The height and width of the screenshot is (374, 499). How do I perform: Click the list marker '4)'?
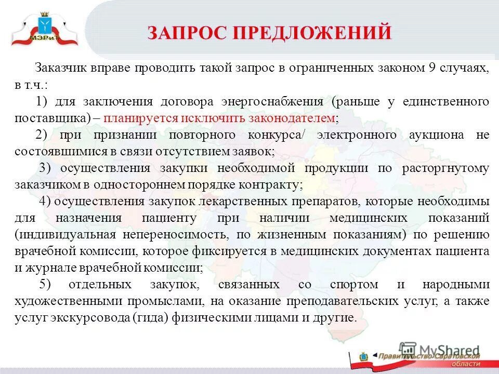pyautogui.click(x=45, y=201)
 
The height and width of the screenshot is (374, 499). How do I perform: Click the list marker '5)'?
pyautogui.click(x=45, y=285)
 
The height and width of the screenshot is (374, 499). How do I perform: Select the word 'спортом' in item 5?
pyautogui.click(x=354, y=285)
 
